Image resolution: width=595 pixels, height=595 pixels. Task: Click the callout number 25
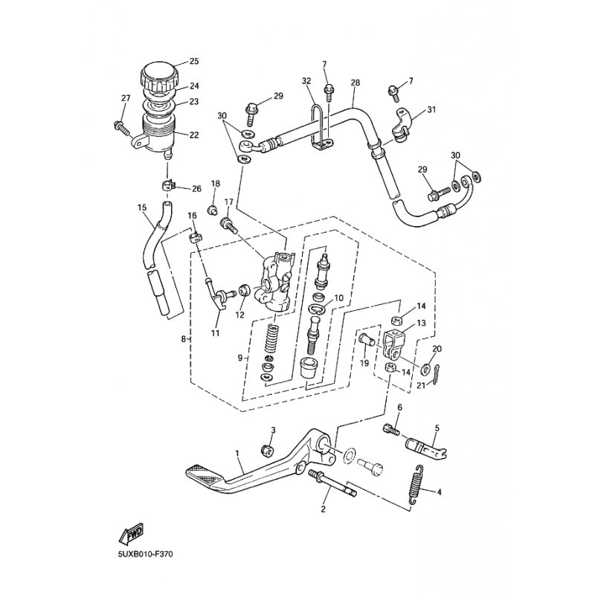(194, 61)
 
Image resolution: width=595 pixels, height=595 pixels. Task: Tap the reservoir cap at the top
(158, 74)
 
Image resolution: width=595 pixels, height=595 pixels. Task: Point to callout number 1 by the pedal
(237, 453)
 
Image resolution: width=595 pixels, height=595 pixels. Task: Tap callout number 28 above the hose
(355, 82)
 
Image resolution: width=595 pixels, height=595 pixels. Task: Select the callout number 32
(306, 81)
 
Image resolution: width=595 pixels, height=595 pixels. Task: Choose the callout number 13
(421, 324)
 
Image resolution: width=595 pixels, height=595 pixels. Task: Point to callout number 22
(194, 135)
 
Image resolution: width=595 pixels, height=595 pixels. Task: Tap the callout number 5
(437, 428)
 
